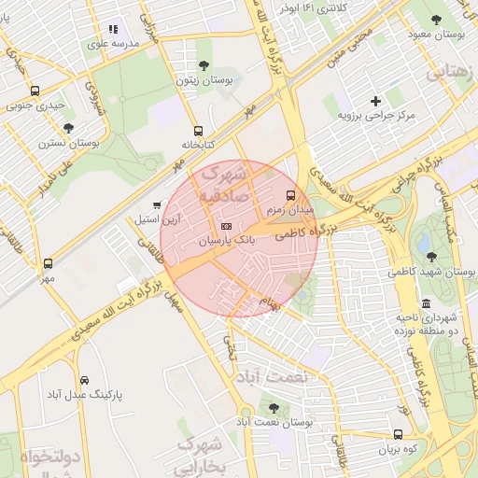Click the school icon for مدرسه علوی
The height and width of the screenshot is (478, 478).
click(x=114, y=30)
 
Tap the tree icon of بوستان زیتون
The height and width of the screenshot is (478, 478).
click(x=204, y=65)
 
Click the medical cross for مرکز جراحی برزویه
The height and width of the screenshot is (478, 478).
click(x=375, y=101)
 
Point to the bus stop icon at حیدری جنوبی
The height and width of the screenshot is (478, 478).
click(x=35, y=91)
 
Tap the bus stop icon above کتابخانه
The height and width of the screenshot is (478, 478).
click(x=197, y=131)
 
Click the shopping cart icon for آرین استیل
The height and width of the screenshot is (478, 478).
click(x=157, y=204)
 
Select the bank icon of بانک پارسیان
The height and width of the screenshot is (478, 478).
click(x=226, y=227)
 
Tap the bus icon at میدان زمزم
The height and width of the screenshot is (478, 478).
click(x=290, y=196)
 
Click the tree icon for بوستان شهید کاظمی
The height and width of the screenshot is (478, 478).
click(x=430, y=257)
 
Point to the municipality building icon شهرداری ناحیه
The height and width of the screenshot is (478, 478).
click(x=427, y=304)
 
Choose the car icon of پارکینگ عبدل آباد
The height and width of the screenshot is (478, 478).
click(x=85, y=381)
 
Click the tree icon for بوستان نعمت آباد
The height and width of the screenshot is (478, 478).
click(x=273, y=408)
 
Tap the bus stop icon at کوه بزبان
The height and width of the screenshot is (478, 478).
click(x=399, y=435)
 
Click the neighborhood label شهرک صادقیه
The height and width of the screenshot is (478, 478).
click(x=224, y=183)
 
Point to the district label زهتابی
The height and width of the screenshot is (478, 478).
click(x=451, y=72)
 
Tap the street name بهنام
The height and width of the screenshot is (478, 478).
click(x=269, y=305)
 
